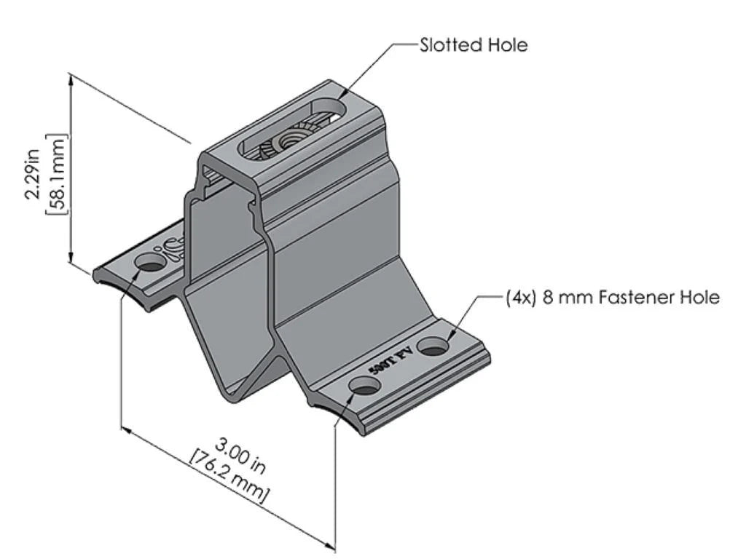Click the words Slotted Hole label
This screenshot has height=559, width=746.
[474, 45]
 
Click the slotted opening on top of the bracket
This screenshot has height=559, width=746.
[291, 131]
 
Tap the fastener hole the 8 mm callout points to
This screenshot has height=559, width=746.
[435, 346]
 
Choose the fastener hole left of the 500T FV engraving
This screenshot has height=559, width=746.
[364, 386]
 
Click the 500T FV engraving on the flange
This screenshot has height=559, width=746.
[391, 362]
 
